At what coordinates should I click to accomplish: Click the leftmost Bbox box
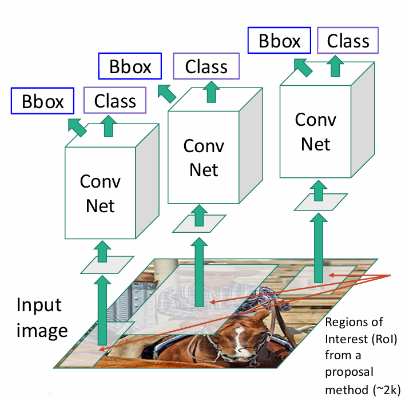42,101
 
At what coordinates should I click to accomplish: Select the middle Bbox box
131,68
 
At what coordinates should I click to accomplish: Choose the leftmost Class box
115,101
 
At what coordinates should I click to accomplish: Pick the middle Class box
207,68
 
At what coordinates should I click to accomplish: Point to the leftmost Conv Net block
100,194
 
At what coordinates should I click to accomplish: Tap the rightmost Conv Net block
315,131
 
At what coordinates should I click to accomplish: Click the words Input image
41,317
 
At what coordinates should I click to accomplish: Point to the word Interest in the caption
345,340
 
